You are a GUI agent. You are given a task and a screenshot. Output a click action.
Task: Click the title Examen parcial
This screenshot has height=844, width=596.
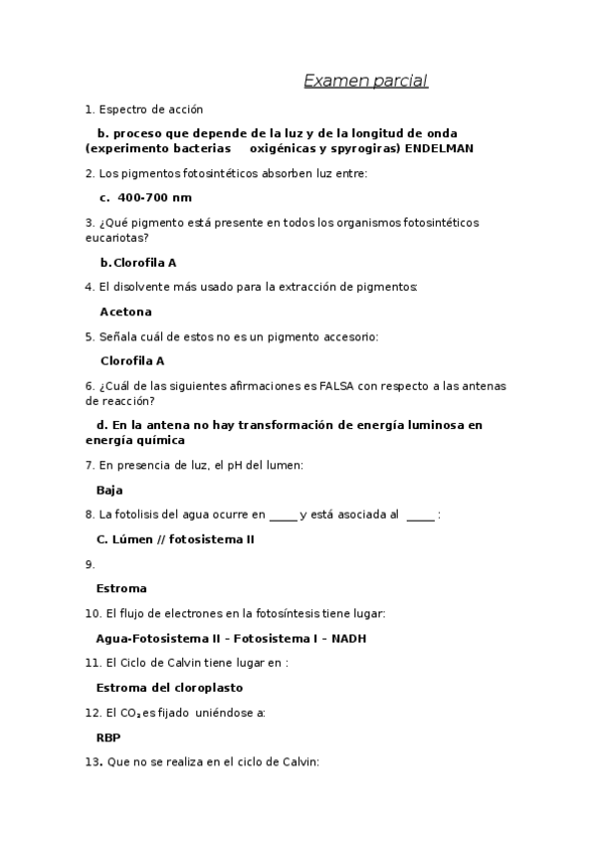pos(365,81)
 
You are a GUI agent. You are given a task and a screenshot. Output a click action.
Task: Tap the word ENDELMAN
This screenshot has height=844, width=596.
pos(439,148)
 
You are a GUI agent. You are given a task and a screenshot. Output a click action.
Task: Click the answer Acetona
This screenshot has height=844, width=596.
pos(125,312)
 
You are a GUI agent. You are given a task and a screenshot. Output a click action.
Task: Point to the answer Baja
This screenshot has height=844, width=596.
pos(109,490)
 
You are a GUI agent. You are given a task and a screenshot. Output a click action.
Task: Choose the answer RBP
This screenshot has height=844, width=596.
pos(107,738)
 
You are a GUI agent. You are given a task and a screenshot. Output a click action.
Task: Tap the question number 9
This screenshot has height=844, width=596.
pos(90,564)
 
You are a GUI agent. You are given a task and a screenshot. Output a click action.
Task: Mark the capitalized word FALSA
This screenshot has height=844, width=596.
pos(322,386)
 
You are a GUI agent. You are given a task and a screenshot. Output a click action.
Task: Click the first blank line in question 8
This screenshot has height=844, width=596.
pos(283,516)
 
